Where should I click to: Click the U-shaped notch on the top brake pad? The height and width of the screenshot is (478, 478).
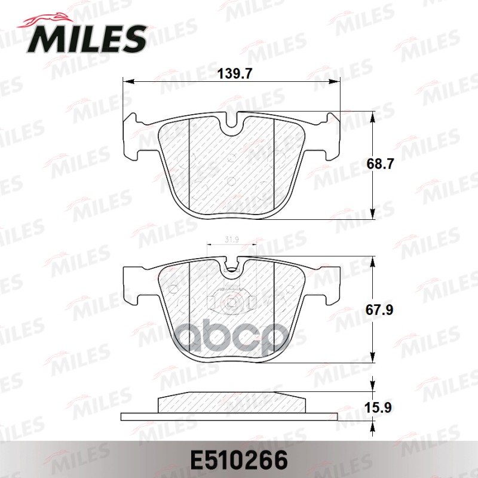coord(231,125)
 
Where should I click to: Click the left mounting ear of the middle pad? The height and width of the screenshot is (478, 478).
coord(133,284)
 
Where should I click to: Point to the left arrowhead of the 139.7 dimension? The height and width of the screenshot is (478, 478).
coord(126,82)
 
